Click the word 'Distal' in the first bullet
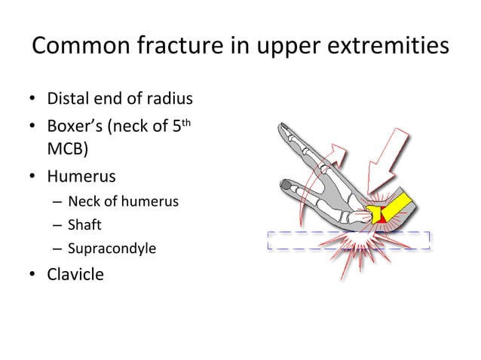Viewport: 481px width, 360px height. [69, 99]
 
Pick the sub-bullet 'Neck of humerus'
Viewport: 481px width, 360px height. [122, 201]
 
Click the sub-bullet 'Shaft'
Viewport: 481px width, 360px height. [84, 224]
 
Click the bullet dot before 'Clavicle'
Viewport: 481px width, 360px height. [34, 273]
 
